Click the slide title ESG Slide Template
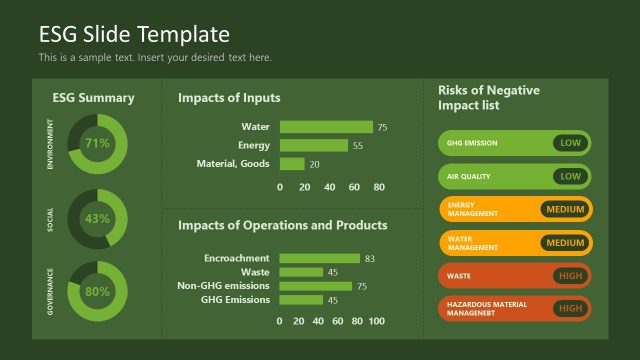tap(134, 35)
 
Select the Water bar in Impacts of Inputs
tap(326, 127)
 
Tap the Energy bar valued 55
tap(314, 145)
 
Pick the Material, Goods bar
tap(292, 164)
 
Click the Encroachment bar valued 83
tap(320, 258)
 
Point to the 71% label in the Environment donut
tap(97, 143)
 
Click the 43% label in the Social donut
tap(97, 218)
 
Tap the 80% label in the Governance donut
tap(97, 292)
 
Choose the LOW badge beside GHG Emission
tap(570, 143)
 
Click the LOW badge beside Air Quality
tap(570, 176)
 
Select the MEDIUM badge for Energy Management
tap(565, 209)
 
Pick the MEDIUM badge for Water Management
tap(565, 242)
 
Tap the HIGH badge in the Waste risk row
tap(570, 275)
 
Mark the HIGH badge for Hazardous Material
tap(570, 308)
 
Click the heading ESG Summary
tap(93, 98)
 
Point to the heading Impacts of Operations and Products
tap(282, 225)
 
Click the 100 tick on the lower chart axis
tap(376, 321)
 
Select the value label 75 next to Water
tap(382, 128)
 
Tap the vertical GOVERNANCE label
tap(50, 292)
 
